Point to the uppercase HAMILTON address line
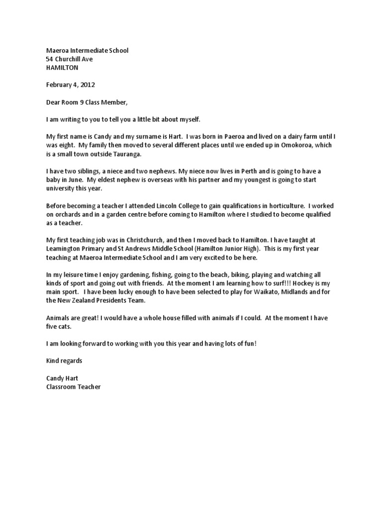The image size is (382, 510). (x=62, y=67)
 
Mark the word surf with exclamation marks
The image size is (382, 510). (x=285, y=283)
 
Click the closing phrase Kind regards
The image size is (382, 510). (x=64, y=360)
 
